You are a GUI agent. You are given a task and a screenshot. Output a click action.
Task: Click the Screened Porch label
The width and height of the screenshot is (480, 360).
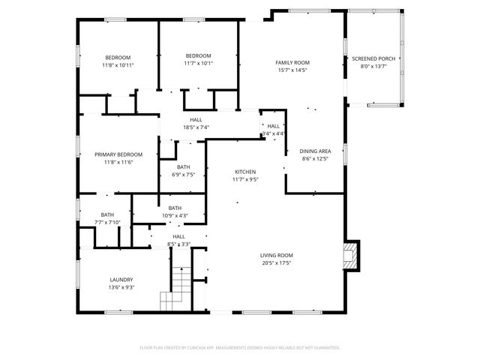pos(373,58)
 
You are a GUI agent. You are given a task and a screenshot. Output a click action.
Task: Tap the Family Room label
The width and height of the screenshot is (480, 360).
pos(292,62)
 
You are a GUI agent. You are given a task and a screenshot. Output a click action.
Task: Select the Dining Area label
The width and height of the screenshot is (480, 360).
pos(316,151)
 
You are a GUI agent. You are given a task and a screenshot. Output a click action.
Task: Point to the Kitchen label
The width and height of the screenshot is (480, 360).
pos(245,171)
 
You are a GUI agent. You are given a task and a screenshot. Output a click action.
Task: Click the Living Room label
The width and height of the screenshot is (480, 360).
pos(277,255)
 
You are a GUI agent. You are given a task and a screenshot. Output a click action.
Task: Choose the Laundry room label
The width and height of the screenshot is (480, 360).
pos(121,280)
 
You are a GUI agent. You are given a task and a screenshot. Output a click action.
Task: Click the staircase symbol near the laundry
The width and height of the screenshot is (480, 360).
pos(177,289)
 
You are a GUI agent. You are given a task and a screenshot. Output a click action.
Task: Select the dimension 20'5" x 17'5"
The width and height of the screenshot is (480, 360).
pos(277,262)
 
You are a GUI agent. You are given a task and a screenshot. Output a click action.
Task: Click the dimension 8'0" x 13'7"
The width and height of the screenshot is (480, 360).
pos(373,66)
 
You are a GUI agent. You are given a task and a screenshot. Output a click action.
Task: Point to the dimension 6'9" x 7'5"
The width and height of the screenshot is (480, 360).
pos(184,175)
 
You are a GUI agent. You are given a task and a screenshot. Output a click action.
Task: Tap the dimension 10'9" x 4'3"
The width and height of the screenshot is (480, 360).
pos(175,216)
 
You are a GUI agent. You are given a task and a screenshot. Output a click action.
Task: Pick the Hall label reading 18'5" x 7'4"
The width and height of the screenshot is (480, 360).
pos(196,123)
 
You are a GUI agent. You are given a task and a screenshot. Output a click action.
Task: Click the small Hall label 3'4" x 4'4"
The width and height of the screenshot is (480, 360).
pos(273,130)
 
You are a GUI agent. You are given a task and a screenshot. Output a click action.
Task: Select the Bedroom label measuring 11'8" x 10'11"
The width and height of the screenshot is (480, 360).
pos(118,61)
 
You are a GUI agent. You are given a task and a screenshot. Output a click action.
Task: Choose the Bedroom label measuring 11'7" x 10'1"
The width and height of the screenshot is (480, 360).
pos(199,59)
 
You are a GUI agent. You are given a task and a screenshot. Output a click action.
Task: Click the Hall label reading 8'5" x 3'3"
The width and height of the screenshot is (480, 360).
pos(178,240)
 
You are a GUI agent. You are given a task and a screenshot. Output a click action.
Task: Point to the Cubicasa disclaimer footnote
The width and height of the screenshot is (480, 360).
pos(240,347)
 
